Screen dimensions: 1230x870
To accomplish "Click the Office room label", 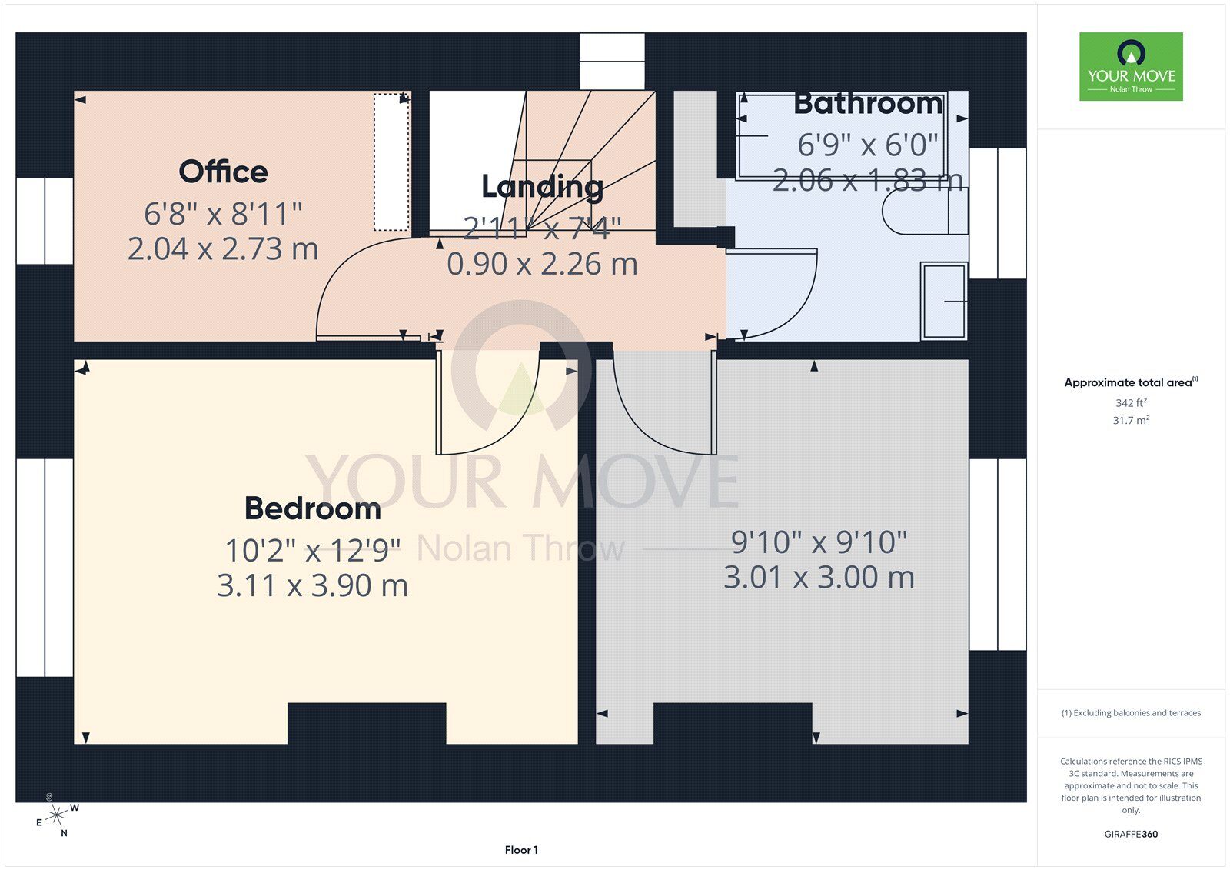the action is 224,172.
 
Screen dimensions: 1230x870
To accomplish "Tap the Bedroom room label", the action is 312,508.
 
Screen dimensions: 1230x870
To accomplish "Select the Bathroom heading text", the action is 868,104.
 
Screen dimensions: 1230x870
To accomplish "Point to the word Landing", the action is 543,187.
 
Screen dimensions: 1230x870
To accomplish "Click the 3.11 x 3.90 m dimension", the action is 312,585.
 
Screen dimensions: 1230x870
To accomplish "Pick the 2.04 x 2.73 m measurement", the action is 223,249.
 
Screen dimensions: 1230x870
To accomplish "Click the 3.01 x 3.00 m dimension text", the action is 819,578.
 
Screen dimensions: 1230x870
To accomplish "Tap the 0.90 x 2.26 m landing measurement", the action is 542,265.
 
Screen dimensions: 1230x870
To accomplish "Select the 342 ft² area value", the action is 1131,403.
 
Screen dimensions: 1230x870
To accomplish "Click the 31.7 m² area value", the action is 1131,421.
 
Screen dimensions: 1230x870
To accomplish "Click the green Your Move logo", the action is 1131,66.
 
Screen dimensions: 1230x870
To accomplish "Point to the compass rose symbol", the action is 56,815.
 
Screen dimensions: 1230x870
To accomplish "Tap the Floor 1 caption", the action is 521,850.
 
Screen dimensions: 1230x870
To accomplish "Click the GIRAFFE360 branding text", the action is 1131,834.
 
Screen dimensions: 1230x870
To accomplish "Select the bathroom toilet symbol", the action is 925,212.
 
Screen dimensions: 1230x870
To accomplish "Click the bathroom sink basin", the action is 944,302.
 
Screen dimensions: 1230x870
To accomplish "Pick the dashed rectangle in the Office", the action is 391,162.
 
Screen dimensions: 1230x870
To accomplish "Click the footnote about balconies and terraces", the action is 1131,713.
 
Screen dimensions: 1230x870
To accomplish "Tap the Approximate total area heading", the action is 1131,382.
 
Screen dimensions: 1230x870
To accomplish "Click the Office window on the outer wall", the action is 45,221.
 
